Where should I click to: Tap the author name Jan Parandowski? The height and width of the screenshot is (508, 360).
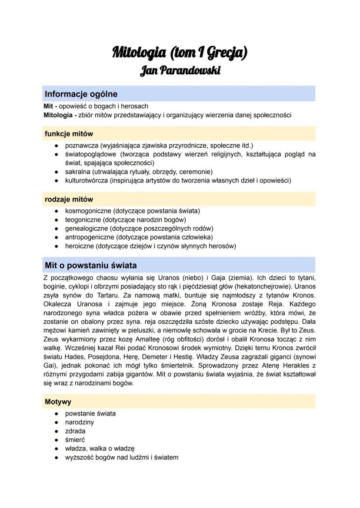tap(180, 70)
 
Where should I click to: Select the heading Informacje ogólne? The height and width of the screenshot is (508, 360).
tap(81, 94)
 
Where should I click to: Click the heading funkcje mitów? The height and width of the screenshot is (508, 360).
tap(69, 134)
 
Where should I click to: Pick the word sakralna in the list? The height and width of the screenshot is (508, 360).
tap(78, 172)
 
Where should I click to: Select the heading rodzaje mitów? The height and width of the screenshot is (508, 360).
tap(69, 199)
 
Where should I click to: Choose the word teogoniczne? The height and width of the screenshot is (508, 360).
tap(83, 219)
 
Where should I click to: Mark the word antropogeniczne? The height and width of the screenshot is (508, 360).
tap(90, 237)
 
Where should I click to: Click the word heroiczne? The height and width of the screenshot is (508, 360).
tap(80, 246)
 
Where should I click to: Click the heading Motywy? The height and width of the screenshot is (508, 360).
tap(58, 402)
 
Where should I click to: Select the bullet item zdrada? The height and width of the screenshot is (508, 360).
tap(75, 431)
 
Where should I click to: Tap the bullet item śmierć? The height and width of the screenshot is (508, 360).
tap(75, 440)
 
